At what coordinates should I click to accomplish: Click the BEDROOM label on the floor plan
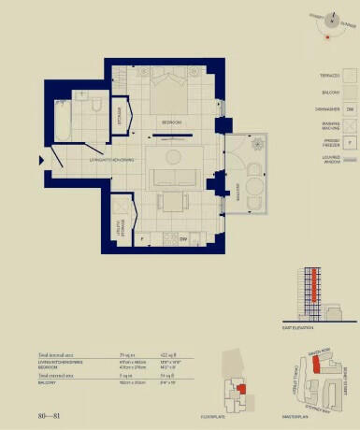pos(170,122)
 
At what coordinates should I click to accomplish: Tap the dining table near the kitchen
pos(170,200)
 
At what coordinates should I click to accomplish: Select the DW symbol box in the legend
pos(349,109)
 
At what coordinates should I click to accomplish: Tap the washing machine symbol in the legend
pos(349,126)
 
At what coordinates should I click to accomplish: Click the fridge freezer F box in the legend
pos(349,143)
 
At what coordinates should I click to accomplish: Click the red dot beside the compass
pos(326,38)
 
